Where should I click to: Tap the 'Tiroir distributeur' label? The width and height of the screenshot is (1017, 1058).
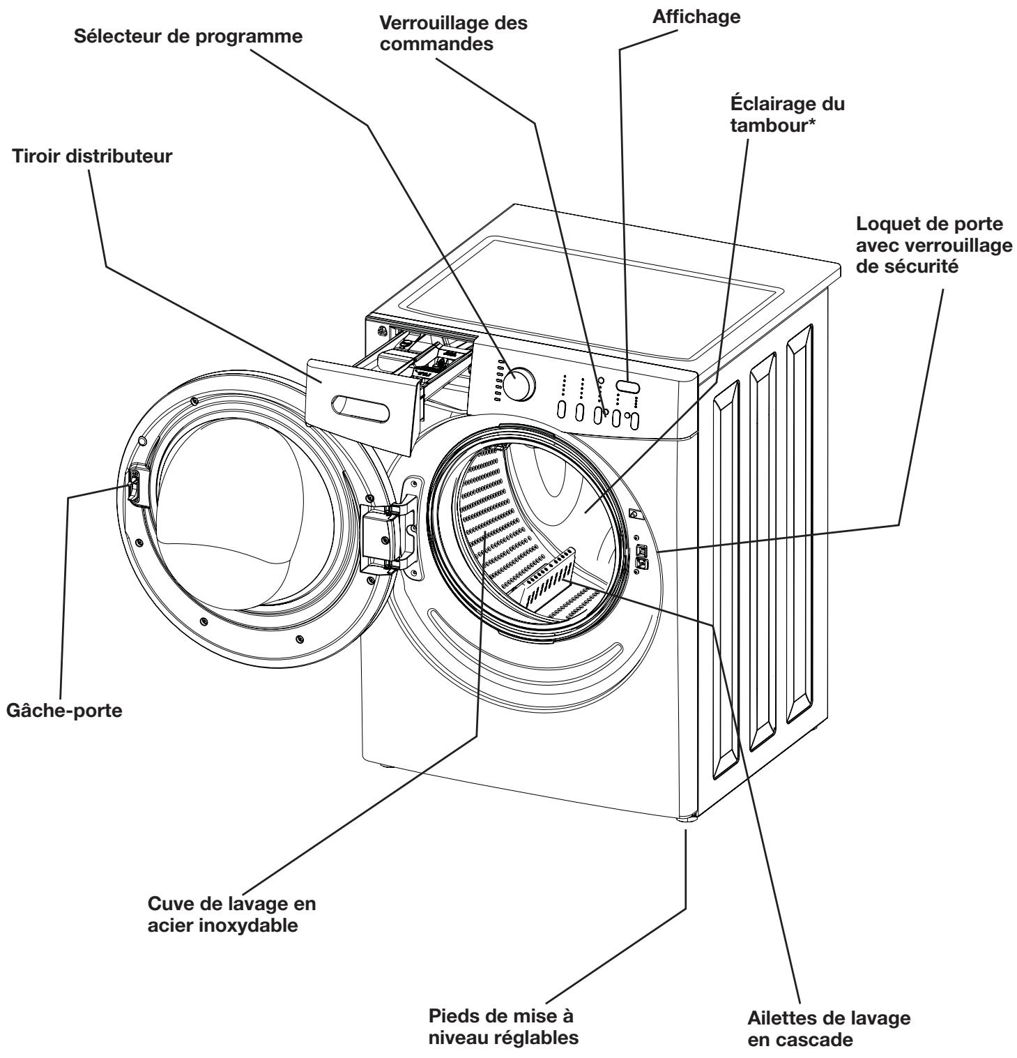click(x=92, y=157)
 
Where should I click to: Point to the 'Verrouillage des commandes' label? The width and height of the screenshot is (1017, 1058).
click(x=453, y=33)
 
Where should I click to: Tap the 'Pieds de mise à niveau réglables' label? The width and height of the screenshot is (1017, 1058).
click(x=503, y=1024)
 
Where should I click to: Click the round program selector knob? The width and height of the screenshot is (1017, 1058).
click(x=520, y=385)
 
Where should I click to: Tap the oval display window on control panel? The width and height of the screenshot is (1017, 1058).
click(x=628, y=386)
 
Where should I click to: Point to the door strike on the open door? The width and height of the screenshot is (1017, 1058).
click(x=132, y=484)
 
